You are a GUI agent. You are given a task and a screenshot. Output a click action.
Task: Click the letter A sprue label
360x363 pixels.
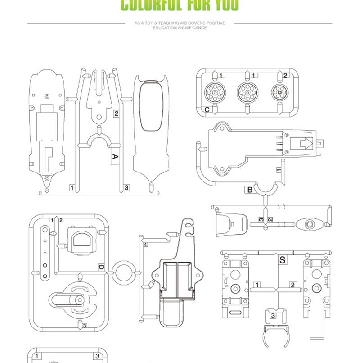(x=115, y=157)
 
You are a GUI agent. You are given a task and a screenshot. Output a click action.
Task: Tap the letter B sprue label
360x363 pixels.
(x=250, y=190)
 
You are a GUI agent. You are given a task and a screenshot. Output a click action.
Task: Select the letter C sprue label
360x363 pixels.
(x=207, y=109)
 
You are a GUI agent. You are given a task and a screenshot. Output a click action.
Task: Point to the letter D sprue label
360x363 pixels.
(x=101, y=268)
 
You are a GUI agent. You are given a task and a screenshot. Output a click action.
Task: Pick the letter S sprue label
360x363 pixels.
(x=282, y=260)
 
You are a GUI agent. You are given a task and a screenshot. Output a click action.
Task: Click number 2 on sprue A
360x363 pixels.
(x=116, y=113)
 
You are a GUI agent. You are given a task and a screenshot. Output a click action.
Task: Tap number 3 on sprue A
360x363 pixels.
(x=126, y=187)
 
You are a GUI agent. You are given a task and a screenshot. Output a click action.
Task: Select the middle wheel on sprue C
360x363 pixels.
(x=247, y=92)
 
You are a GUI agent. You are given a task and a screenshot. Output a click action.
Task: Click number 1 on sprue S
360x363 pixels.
(x=256, y=285)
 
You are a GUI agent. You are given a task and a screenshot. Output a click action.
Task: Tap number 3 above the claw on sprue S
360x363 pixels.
(x=273, y=315)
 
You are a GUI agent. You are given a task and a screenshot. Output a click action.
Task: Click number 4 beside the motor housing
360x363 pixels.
(x=145, y=244)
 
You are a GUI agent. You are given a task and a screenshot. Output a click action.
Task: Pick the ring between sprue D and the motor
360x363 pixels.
(x=124, y=272)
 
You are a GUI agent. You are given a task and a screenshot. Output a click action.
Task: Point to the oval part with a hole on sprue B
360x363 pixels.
(x=309, y=224)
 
